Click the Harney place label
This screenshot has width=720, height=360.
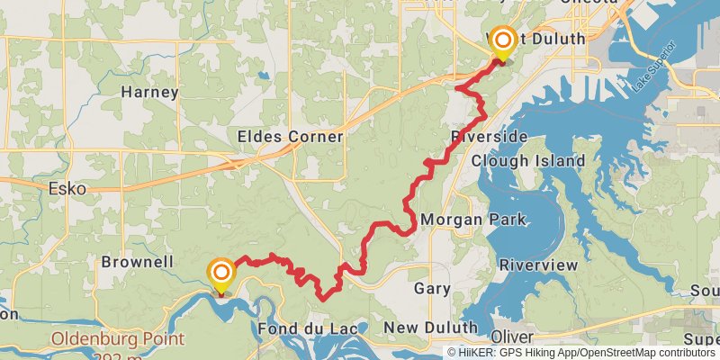point(149,92)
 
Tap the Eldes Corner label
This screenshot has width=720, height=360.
point(290,137)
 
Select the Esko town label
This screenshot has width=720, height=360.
point(67,189)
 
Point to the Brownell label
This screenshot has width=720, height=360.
point(137,262)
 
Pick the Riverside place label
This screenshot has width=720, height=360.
point(489,137)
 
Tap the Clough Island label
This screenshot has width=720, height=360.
point(528,161)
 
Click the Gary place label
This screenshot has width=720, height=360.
point(431,289)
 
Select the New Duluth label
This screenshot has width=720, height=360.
point(431,328)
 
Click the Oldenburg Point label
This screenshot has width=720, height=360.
point(118,340)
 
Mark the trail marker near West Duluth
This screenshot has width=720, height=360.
point(501,41)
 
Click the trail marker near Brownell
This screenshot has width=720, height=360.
point(220,273)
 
